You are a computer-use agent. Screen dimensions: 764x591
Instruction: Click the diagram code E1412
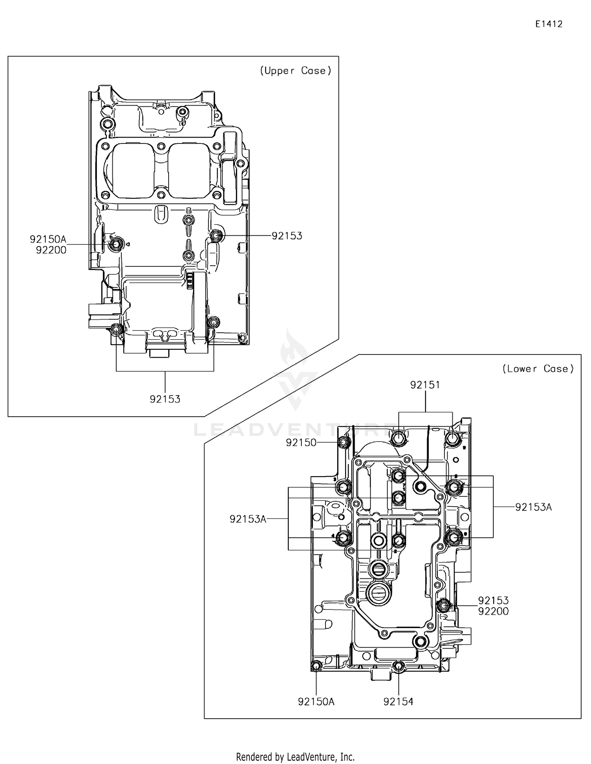coord(548,24)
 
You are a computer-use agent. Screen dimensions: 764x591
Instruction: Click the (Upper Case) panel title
coord(295,71)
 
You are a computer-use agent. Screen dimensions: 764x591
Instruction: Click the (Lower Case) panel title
coord(538,369)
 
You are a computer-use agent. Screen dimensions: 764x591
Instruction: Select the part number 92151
coord(425,385)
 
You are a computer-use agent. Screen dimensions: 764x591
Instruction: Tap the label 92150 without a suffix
coord(301,442)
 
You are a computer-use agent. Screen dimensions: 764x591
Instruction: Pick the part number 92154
coord(398,701)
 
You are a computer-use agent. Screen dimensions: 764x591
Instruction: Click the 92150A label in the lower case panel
coord(316,701)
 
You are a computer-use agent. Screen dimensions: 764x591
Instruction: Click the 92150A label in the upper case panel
coord(48,239)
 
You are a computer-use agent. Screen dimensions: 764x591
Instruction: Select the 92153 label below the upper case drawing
coord(165,399)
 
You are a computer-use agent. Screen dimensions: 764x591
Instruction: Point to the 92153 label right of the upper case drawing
coord(287,236)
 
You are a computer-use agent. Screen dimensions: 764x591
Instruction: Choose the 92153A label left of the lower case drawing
coord(248,519)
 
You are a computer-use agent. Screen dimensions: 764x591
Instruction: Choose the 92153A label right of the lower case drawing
coord(533,507)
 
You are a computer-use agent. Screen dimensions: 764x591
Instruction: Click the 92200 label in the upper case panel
coord(51,250)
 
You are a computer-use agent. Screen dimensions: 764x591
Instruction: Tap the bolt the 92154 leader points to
coord(398,666)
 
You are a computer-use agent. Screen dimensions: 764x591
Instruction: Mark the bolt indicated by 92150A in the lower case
coord(316,666)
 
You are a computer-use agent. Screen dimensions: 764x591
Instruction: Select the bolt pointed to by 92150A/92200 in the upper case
coord(115,245)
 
